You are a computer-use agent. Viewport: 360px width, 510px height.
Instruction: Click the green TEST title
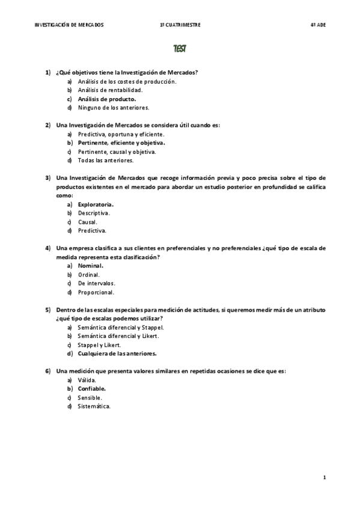point(180,48)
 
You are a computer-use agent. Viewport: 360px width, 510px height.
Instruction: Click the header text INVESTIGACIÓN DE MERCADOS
point(69,25)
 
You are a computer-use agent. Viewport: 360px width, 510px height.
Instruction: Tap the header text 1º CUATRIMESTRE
point(180,25)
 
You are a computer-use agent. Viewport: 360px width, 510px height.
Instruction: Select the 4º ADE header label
point(317,25)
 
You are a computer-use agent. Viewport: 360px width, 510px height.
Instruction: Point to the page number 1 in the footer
point(324,478)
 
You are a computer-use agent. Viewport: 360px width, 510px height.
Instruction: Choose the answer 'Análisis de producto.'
point(107,99)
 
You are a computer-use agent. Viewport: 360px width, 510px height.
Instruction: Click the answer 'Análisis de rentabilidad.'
point(110,90)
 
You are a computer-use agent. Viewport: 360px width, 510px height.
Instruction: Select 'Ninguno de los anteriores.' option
point(113,108)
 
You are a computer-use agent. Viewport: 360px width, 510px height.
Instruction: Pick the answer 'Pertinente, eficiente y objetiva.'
point(121,143)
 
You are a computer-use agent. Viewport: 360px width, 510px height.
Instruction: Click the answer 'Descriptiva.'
point(94,213)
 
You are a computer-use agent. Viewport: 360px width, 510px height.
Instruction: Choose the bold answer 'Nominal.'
point(91,265)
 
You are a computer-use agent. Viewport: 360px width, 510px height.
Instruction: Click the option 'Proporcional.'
point(96,292)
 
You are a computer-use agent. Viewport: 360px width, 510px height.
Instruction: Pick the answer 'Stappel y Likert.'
point(99,345)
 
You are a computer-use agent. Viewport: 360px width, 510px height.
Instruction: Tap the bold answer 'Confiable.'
point(92,389)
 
